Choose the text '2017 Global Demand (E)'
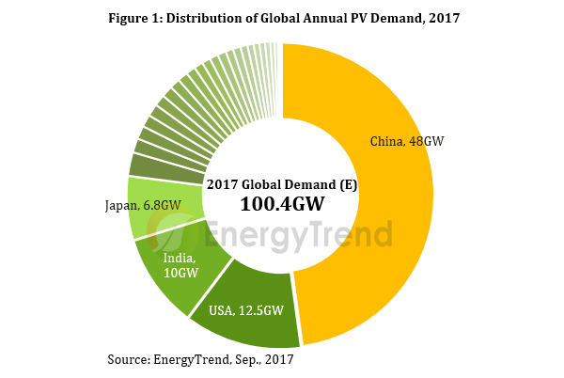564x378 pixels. pyautogui.click(x=283, y=183)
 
